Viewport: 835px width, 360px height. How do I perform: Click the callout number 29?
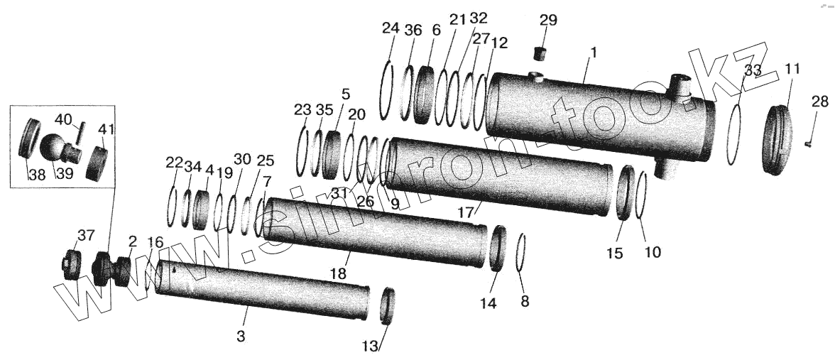(x=547, y=20)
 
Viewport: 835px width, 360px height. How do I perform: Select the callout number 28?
(x=819, y=102)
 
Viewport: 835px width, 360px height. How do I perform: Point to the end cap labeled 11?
(x=779, y=139)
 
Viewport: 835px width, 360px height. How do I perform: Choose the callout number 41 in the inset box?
(x=105, y=129)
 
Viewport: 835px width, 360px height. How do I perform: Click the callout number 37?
(x=84, y=236)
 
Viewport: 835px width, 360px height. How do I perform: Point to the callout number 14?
(x=487, y=303)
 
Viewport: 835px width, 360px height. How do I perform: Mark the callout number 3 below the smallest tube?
(x=241, y=337)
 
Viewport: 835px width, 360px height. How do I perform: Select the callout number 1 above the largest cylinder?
(x=594, y=52)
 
